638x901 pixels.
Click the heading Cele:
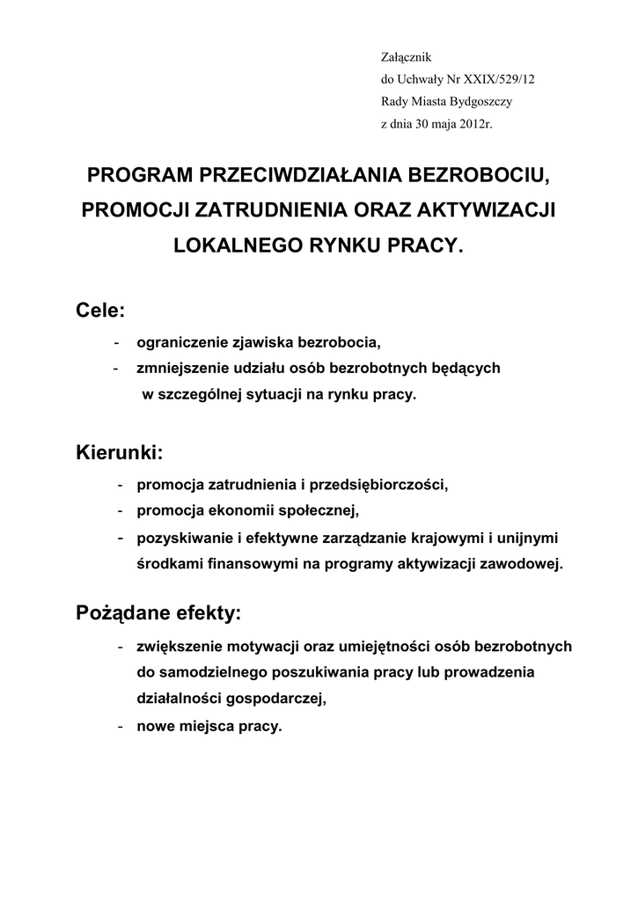click(x=102, y=310)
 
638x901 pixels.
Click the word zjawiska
click(x=254, y=341)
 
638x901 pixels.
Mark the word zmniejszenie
click(x=178, y=368)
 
